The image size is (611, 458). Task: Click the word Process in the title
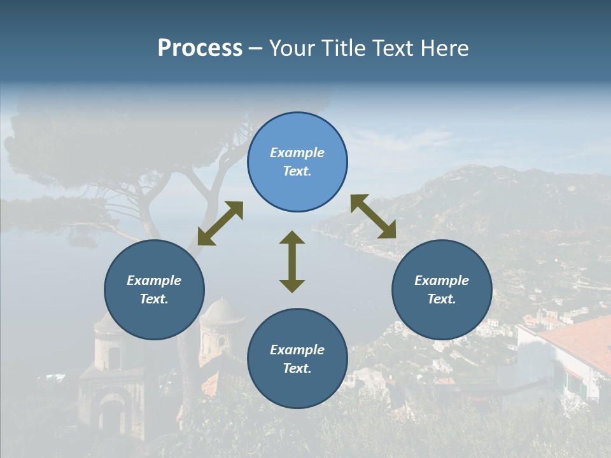(x=200, y=48)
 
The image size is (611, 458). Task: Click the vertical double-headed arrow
(x=292, y=261)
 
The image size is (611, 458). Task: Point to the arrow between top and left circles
(x=220, y=223)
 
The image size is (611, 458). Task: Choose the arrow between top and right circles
(x=373, y=216)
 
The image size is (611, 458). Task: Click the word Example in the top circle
(x=297, y=153)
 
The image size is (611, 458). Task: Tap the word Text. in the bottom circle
(x=297, y=368)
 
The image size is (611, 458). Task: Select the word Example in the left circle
(x=154, y=281)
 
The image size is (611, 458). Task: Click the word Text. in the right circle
(x=442, y=299)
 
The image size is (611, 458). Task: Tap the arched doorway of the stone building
(x=113, y=417)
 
